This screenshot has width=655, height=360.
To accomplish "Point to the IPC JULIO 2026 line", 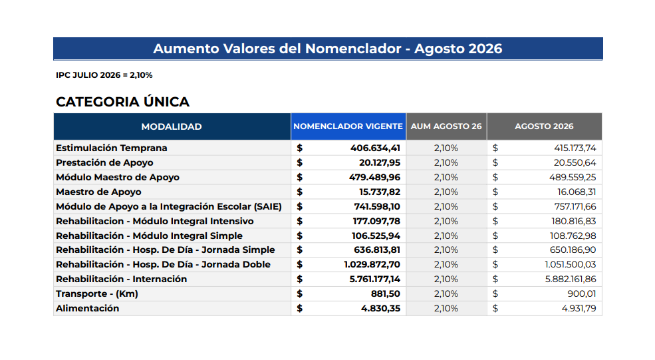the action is click(104, 75).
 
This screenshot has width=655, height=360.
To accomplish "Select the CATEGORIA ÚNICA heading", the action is click(122, 102).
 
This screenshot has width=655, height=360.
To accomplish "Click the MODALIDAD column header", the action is click(172, 126).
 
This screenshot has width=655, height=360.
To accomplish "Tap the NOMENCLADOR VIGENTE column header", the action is click(348, 126).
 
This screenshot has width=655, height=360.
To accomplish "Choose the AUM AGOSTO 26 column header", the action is click(446, 126).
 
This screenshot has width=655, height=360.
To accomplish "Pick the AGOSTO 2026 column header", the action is click(544, 126).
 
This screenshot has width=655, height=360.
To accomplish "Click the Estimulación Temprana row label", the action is click(112, 148).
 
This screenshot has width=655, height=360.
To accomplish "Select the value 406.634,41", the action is click(375, 148).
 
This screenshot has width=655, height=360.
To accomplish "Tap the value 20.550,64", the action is click(575, 162).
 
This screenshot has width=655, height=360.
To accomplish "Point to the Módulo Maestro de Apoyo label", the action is click(118, 177).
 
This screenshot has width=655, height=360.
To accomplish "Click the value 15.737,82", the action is click(380, 192).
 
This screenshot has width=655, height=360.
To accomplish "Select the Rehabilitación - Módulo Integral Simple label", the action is click(149, 236).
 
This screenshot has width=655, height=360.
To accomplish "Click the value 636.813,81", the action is click(377, 250).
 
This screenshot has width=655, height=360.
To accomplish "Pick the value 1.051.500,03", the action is click(570, 265).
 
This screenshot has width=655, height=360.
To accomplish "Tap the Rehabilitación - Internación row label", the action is click(121, 279).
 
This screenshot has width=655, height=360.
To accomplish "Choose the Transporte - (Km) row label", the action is click(97, 294).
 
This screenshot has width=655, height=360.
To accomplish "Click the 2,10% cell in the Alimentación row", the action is click(446, 309).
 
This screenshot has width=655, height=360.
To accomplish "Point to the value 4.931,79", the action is click(579, 309).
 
